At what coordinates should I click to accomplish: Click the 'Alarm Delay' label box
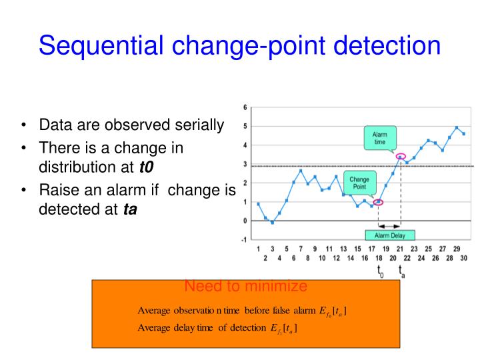pyautogui.click(x=390, y=235)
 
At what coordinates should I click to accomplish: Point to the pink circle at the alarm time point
pyautogui.click(x=400, y=157)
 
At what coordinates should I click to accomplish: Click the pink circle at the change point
pyautogui.click(x=378, y=202)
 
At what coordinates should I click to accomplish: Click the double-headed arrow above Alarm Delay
pyautogui.click(x=389, y=225)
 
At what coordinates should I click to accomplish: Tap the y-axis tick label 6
pyautogui.click(x=245, y=108)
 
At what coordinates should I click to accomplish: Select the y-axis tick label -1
pyautogui.click(x=244, y=239)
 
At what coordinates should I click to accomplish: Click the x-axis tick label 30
pyautogui.click(x=464, y=257)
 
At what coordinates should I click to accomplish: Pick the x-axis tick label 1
pyautogui.click(x=258, y=249)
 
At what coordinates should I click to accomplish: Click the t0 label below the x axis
pyautogui.click(x=379, y=271)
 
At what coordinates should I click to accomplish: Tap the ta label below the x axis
pyautogui.click(x=401, y=271)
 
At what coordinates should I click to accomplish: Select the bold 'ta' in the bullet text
pyautogui.click(x=130, y=209)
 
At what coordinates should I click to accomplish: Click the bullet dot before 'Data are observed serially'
pyautogui.click(x=24, y=125)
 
